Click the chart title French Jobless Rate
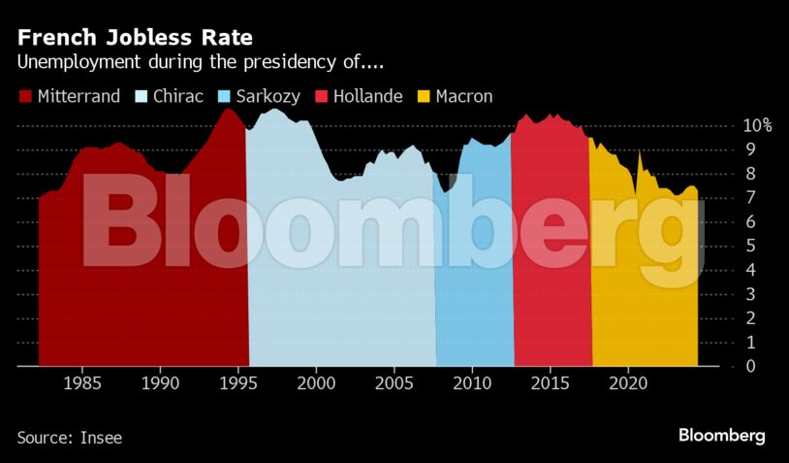coord(135,38)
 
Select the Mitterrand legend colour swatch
coord(25,96)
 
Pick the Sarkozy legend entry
coord(265,96)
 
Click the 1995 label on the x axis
coord(238,383)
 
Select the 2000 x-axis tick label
coord(316,383)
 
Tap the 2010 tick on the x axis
coord(472,383)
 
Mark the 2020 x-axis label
coord(628,383)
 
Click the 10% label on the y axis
coord(757,126)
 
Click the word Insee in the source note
coord(100,438)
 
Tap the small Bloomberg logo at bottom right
coord(721,436)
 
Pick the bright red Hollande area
coord(551,291)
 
